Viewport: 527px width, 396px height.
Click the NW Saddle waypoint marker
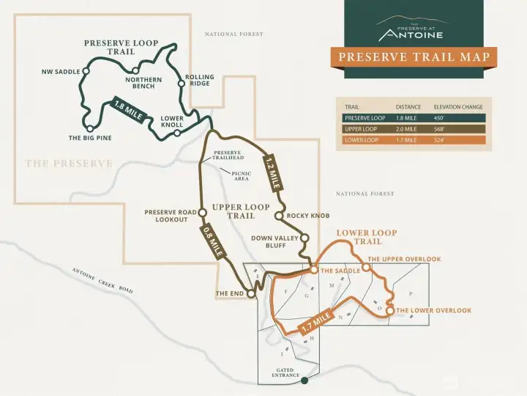click(86, 71)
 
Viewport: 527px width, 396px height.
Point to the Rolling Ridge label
click(199, 80)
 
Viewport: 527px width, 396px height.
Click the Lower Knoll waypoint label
click(172, 121)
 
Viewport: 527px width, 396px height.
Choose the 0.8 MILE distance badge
click(212, 241)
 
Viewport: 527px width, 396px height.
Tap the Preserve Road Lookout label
click(171, 216)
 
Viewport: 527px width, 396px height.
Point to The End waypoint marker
click(251, 293)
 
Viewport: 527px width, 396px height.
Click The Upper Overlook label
click(404, 259)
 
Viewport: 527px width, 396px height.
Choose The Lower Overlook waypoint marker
click(390, 311)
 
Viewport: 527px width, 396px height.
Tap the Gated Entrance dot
click(305, 381)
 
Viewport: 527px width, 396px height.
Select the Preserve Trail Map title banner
click(413, 57)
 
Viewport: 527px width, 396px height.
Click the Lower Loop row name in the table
click(362, 140)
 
